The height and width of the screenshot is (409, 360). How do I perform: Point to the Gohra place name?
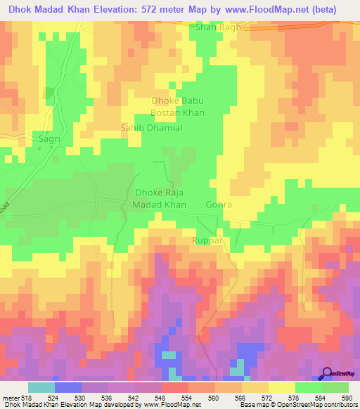[x=218, y=204]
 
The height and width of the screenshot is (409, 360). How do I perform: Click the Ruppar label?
[x=207, y=240]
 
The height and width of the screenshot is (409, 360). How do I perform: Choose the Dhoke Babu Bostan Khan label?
[x=177, y=107]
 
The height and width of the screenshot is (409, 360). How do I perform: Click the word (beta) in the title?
[x=337, y=9]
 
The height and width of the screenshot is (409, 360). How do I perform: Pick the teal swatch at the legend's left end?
[x=41, y=387]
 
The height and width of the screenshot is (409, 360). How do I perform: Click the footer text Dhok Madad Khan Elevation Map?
[x=46, y=404]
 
